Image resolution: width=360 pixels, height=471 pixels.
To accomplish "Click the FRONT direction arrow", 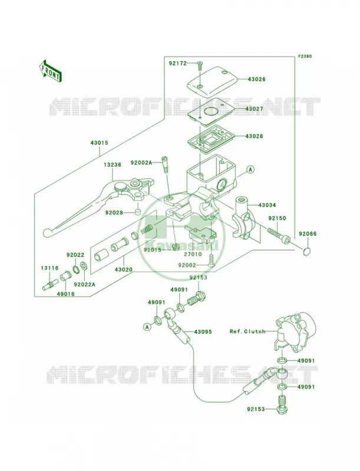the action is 50,71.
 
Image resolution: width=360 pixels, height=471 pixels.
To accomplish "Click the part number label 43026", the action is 257,79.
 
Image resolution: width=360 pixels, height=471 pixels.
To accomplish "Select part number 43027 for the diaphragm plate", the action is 254,109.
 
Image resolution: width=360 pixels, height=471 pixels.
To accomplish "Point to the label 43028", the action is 254,136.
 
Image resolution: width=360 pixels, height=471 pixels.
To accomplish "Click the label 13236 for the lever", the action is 113,165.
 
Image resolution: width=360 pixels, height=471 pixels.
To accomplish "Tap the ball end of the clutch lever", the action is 47,231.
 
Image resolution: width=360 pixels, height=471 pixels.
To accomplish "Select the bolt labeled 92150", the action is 279,236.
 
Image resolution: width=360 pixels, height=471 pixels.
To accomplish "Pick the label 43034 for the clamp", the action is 267,205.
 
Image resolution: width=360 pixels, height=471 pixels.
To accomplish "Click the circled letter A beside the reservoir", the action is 250,170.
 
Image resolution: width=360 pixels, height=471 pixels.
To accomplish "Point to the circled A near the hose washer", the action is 147,327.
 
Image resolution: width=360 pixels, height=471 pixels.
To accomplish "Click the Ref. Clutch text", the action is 247,331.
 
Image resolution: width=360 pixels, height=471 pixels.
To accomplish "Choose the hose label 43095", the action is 203,332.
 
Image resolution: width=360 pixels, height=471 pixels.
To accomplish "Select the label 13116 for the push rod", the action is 50,268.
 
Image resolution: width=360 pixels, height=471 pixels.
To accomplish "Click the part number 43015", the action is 99,142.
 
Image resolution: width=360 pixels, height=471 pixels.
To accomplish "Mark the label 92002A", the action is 141,162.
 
